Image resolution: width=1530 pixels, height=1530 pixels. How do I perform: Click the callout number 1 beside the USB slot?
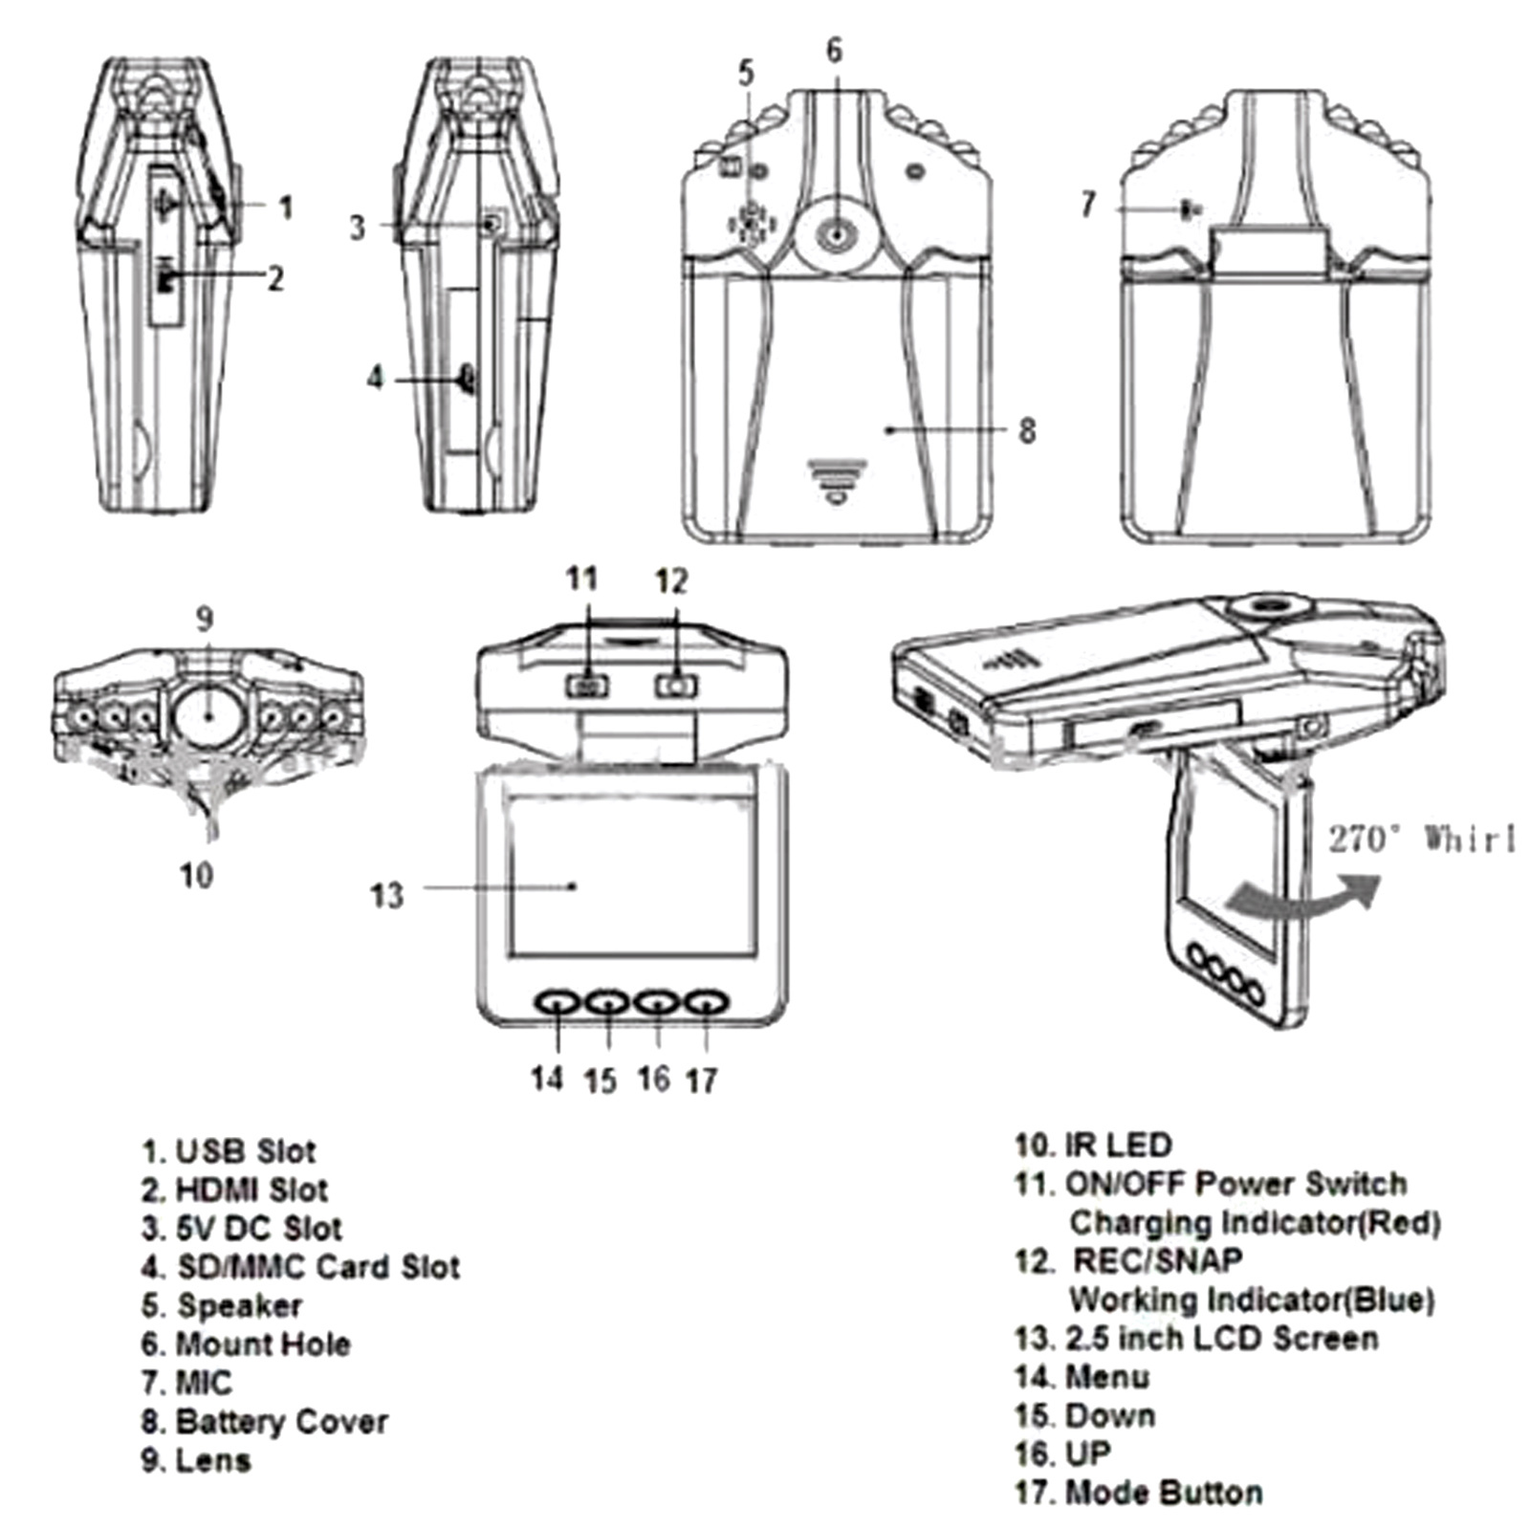(285, 207)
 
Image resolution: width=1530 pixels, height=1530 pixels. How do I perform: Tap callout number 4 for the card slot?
(376, 379)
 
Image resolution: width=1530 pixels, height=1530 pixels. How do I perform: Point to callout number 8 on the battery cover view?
(1027, 430)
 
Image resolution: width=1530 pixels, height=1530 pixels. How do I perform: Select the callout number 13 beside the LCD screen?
(387, 896)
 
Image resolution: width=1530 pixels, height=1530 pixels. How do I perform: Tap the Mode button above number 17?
(707, 1001)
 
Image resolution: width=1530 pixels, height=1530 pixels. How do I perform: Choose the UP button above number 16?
(657, 1001)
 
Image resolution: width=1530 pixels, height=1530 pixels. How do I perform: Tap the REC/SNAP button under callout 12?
(676, 685)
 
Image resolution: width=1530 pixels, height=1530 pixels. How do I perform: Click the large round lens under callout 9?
(208, 715)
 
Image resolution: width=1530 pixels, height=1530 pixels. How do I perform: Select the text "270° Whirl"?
(1421, 840)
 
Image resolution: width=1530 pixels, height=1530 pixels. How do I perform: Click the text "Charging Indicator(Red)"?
(1255, 1222)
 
